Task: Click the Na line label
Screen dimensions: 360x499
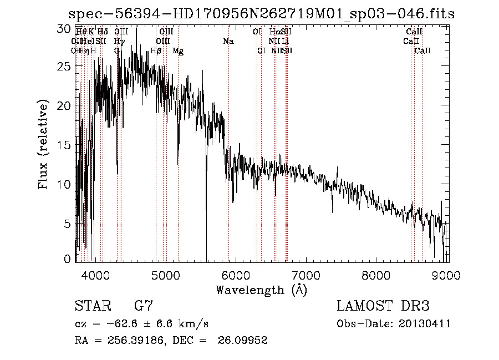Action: point(228,41)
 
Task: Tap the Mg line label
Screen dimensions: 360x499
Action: point(178,51)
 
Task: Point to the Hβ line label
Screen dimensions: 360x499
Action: point(156,51)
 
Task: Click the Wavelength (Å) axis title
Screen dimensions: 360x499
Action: point(261,290)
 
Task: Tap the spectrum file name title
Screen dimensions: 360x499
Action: point(261,14)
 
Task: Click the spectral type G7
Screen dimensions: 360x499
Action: point(144,306)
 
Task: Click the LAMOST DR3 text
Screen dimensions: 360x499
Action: point(383,306)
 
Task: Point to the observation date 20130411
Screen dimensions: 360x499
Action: point(427,324)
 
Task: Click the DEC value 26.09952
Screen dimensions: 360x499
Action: point(243,341)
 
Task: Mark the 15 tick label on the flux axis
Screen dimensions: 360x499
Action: point(66,145)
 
